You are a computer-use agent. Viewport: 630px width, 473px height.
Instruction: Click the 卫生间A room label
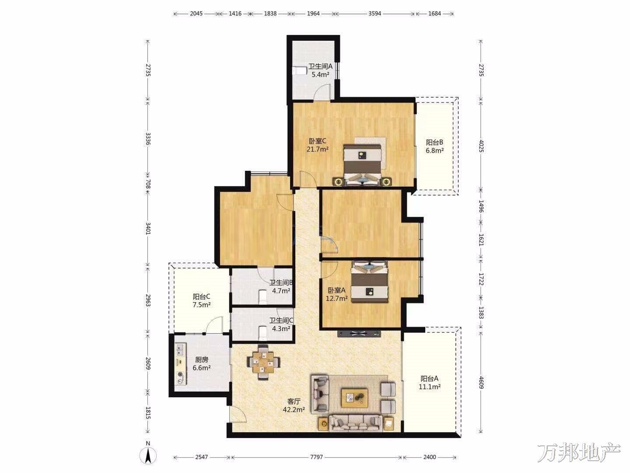320,66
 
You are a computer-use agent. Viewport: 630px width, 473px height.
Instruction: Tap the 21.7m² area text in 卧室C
318,149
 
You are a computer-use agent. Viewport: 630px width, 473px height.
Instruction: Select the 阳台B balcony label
434,142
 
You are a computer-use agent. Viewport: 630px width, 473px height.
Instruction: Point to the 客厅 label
294,401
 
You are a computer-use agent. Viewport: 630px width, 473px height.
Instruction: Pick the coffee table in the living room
354,398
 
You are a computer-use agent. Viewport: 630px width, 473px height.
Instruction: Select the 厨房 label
202,360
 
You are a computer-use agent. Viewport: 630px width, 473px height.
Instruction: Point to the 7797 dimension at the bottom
316,457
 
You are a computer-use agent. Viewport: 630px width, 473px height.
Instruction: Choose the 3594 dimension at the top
375,14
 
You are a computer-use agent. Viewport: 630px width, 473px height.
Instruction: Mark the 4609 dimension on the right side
481,382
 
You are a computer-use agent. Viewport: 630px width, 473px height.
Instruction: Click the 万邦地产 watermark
579,453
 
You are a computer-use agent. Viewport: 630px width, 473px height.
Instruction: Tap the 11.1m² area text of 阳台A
429,387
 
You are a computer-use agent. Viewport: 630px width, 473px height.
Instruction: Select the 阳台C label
202,297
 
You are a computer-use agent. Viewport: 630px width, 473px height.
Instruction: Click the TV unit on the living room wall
359,334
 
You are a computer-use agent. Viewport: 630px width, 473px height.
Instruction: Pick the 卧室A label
336,290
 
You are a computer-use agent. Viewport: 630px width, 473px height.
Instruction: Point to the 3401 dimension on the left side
148,228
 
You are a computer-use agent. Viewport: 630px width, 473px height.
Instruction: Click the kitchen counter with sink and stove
180,364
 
